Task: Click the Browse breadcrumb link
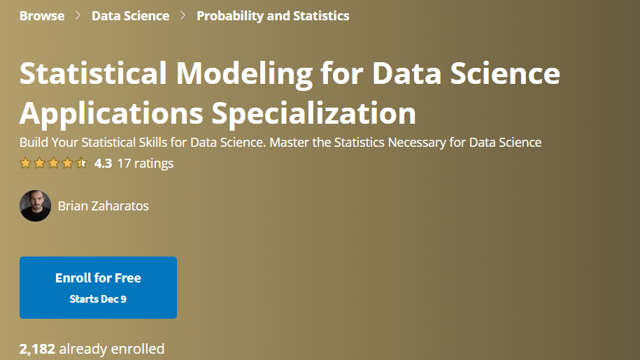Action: tap(42, 16)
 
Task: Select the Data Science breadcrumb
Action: tap(130, 16)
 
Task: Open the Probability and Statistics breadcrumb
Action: tap(273, 16)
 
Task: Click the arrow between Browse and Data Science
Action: tap(78, 15)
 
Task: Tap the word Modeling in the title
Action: tap(244, 74)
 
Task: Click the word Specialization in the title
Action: tap(313, 113)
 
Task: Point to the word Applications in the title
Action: tap(111, 113)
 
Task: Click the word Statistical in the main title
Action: tap(93, 73)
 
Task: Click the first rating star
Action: tap(25, 163)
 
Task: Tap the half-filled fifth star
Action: tap(81, 163)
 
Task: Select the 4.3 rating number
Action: tap(103, 164)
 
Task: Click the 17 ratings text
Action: tap(145, 164)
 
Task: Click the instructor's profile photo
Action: tap(35, 206)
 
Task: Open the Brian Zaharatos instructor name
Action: tap(104, 206)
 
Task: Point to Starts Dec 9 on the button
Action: tap(98, 299)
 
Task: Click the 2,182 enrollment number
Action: tap(37, 349)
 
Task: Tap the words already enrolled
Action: tap(112, 349)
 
